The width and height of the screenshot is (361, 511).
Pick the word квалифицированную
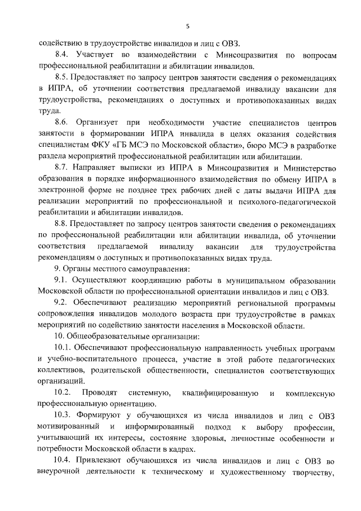(221, 392)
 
